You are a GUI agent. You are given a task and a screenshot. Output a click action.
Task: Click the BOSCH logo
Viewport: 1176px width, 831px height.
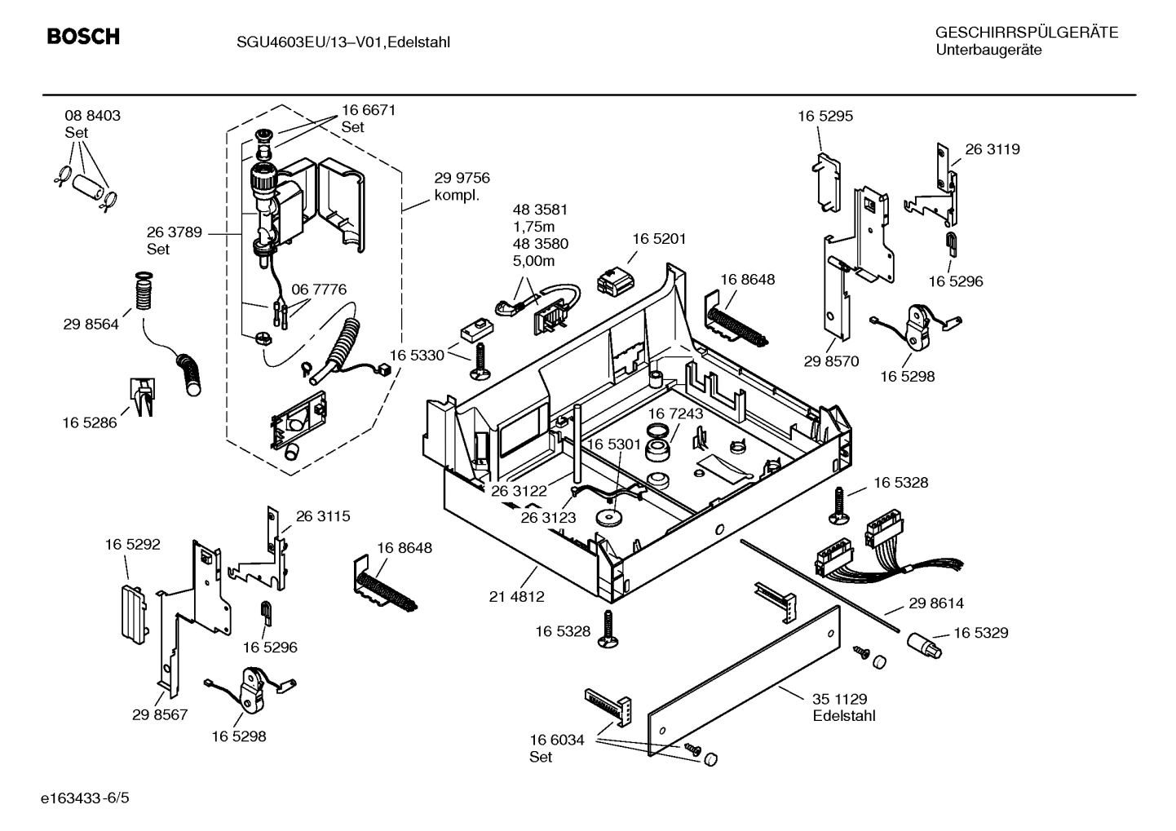pos(83,37)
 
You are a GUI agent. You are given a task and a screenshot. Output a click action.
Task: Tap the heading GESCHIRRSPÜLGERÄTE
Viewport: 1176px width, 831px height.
pos(1026,33)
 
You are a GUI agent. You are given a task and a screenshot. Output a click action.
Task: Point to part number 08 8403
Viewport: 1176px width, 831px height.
pos(92,116)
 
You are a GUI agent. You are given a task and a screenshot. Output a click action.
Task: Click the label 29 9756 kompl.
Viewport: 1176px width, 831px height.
pos(462,187)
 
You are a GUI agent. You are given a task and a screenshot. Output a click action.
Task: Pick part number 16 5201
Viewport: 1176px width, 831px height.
pos(659,239)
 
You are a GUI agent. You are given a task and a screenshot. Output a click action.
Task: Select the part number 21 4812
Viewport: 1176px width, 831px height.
pos(516,596)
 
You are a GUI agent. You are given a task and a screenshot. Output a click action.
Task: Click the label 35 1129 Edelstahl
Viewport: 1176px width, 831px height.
pos(843,707)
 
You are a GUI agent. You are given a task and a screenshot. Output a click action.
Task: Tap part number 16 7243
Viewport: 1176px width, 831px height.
pos(675,413)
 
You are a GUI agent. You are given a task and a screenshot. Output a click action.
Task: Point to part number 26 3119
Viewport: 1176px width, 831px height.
pos(992,149)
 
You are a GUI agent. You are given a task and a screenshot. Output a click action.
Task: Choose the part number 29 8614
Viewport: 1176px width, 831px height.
pos(935,603)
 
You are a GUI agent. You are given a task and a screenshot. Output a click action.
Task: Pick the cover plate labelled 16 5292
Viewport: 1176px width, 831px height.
pos(133,609)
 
